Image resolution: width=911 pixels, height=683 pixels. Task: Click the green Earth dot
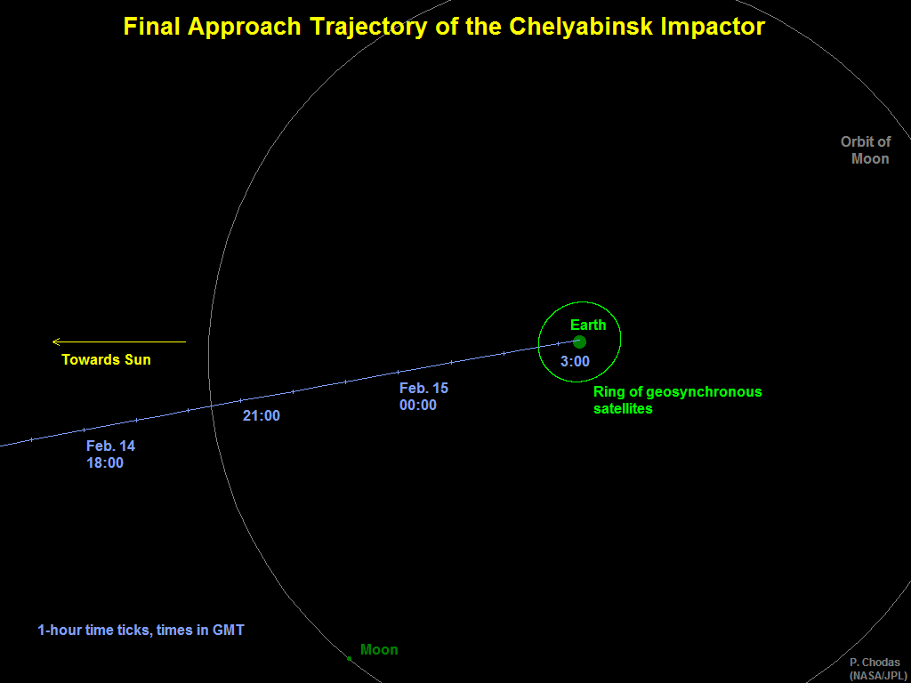(579, 341)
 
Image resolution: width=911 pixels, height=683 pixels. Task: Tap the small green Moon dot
(349, 659)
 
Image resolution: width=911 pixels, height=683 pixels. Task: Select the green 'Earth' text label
(588, 325)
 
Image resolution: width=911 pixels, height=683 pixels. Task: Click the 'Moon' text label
(379, 649)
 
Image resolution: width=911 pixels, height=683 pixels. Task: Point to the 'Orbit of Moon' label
(866, 150)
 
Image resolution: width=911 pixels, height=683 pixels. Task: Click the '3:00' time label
(576, 362)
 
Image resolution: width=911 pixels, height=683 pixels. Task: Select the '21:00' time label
(262, 416)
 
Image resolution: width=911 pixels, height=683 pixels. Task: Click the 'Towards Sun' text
(107, 360)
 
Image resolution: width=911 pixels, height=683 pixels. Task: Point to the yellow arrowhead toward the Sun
(56, 342)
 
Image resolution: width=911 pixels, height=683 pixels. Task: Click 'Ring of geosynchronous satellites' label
(677, 400)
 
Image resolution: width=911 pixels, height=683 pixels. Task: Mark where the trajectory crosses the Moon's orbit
(212, 406)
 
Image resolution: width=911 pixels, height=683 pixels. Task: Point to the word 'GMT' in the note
(230, 631)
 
